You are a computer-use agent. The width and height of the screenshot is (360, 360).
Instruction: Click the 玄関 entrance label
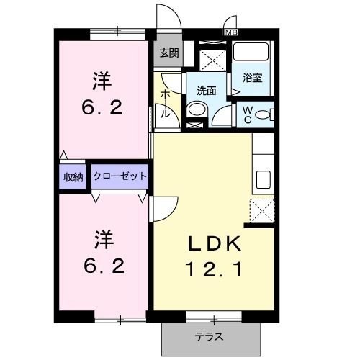[x=169, y=53]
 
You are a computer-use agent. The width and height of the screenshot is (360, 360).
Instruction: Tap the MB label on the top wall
[x=232, y=32]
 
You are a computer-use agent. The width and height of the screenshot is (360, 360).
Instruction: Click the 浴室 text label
[x=251, y=78]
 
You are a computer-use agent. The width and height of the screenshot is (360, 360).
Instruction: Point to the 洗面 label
[x=206, y=90]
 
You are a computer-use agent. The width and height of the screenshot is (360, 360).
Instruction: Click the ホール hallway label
[x=165, y=103]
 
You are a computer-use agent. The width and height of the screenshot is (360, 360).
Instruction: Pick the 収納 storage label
[x=73, y=176]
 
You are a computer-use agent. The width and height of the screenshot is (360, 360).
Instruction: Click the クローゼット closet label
[x=120, y=176]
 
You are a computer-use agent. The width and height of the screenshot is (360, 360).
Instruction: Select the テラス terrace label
[x=210, y=336]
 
